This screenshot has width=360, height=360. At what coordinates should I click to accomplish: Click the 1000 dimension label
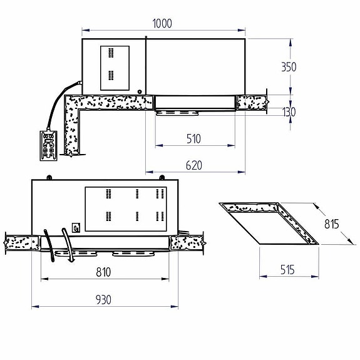coord(162,23)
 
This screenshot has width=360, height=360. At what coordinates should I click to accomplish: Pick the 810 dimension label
coord(104,272)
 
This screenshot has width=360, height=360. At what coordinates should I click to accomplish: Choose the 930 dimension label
coord(103,300)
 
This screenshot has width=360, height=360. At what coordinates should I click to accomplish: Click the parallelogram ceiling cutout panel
coord(269,222)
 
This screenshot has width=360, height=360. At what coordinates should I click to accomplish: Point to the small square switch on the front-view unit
coord(76,228)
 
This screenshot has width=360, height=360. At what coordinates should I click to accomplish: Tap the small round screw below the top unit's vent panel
coord(138,93)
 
